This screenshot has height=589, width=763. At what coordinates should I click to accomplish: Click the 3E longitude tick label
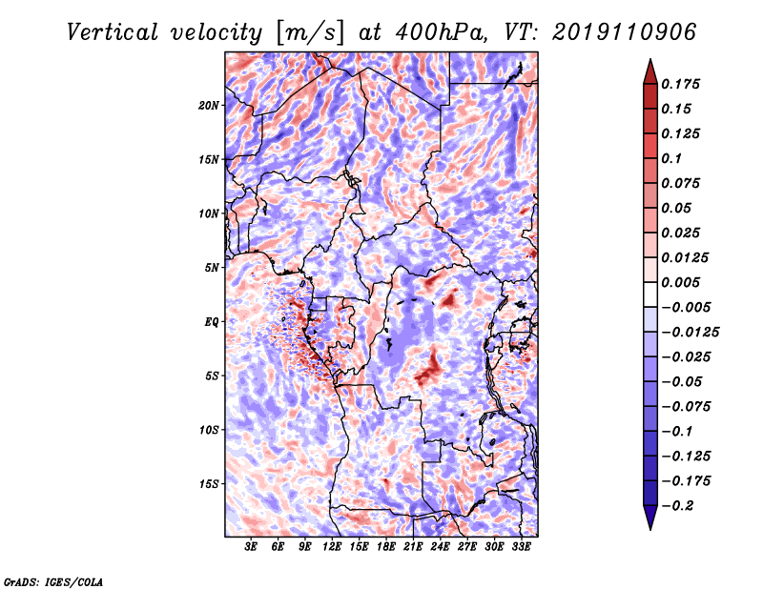(252, 547)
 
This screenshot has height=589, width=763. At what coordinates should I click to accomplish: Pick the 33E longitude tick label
(520, 547)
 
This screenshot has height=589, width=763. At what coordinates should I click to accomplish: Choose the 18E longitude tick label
(386, 547)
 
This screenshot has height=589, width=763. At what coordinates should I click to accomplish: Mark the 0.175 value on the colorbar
(684, 84)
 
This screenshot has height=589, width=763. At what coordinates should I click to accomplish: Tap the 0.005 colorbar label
(684, 282)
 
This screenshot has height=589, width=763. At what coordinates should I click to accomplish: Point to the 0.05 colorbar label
(679, 208)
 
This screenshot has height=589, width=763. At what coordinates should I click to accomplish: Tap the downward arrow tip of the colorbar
(650, 527)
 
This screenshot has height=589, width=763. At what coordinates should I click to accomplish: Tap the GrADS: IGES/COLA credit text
(53, 580)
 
